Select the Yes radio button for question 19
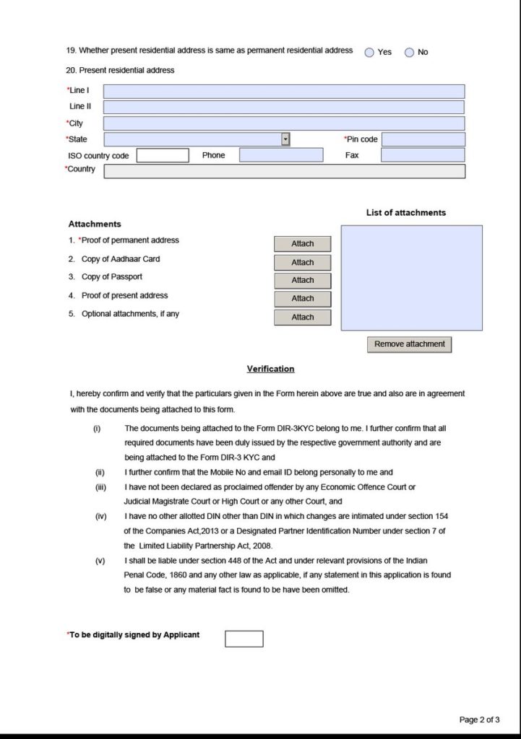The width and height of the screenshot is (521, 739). [x=370, y=52]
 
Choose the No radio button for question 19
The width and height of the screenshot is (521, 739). [x=410, y=52]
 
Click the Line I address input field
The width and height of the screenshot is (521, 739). [x=284, y=92]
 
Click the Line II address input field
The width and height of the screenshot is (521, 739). [x=284, y=108]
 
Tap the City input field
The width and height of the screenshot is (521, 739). [x=284, y=123]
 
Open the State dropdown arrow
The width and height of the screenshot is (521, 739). [x=285, y=139]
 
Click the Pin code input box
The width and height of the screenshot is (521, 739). [x=423, y=139]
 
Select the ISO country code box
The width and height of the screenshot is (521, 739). [x=163, y=155]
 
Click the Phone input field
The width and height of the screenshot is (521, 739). [x=281, y=155]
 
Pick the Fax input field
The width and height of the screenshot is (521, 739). [x=423, y=155]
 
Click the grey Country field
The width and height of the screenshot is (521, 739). [x=284, y=171]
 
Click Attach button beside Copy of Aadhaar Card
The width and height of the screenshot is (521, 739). [x=303, y=263]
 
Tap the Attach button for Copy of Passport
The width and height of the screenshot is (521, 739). [x=303, y=281]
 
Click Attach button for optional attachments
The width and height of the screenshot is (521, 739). [x=303, y=318]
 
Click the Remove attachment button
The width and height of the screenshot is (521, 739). [x=410, y=344]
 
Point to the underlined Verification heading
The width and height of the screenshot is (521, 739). [x=271, y=369]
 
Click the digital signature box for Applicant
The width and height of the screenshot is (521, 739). [x=244, y=639]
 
